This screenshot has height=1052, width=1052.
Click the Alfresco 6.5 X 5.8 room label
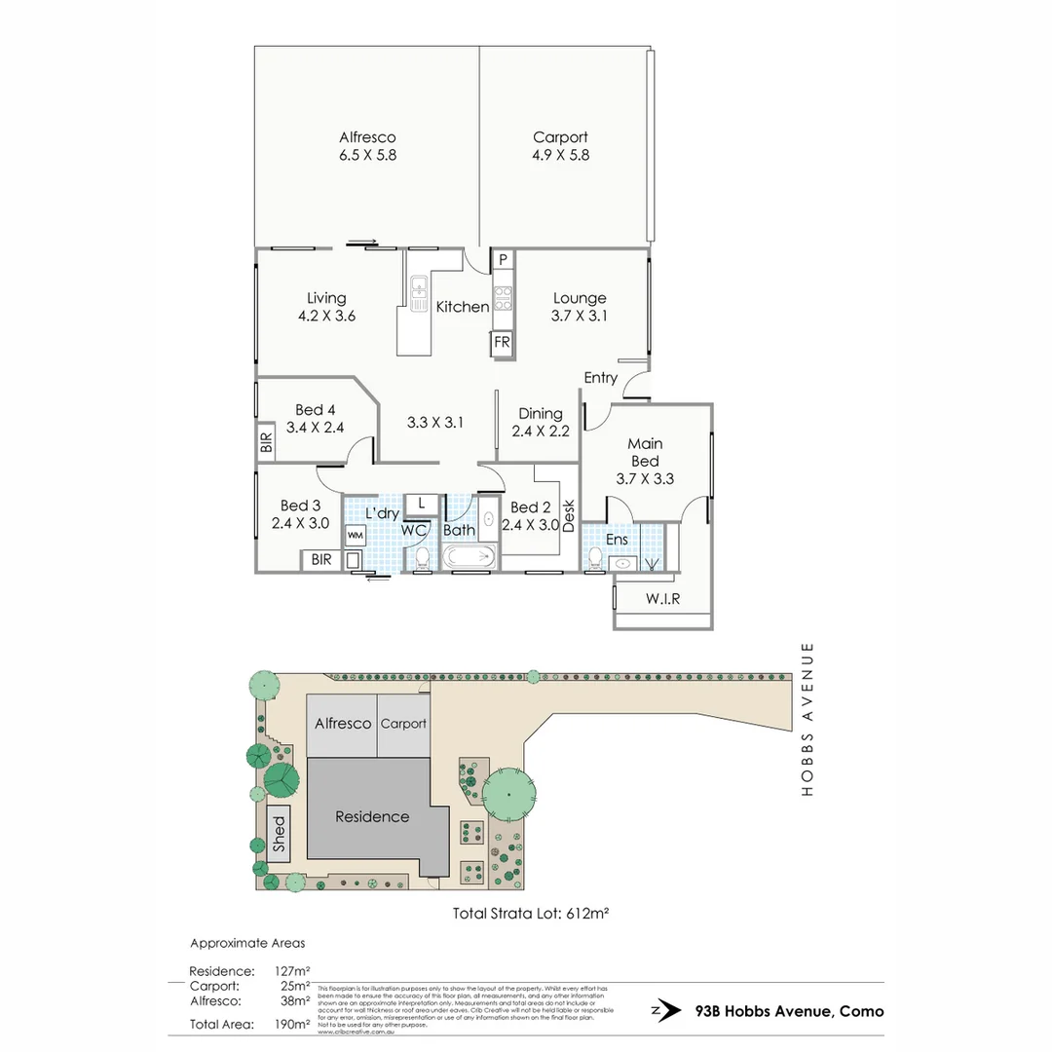[x=367, y=146]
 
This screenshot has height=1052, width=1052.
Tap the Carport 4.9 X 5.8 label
[x=560, y=146]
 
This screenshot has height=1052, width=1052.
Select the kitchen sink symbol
[x=419, y=293]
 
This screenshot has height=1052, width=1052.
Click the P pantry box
[x=503, y=260]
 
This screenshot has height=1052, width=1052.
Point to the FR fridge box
[x=502, y=343]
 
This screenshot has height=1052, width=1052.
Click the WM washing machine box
[x=357, y=535]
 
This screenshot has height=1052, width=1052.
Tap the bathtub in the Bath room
[x=470, y=558]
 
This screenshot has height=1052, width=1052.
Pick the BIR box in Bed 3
[x=319, y=560]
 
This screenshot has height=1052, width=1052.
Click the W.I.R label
[x=662, y=598]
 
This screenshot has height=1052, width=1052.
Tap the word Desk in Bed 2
[x=569, y=515]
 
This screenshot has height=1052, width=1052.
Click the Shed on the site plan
[x=280, y=836]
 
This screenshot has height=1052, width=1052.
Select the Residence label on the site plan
[x=372, y=816]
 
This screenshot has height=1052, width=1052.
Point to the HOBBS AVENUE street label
[x=807, y=719]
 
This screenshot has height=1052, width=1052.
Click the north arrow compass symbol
[x=666, y=1011]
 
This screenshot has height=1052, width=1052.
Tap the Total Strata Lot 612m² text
[x=532, y=914]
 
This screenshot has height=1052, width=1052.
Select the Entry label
[x=600, y=378]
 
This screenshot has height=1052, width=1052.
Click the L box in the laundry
[x=421, y=503]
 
